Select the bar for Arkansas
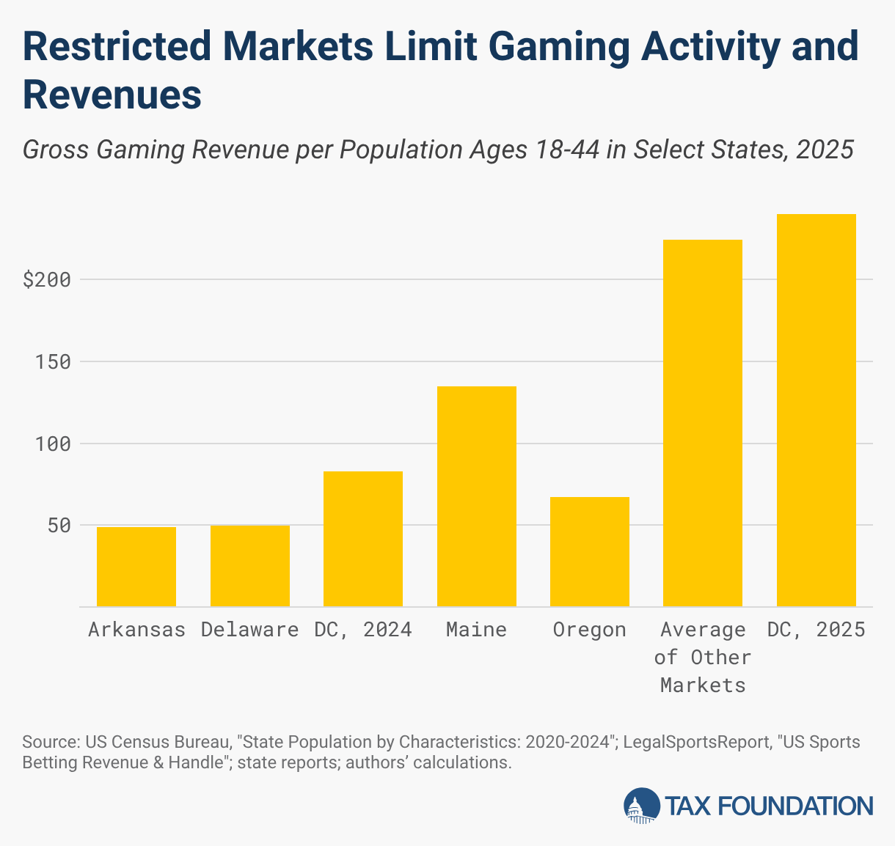click(136, 567)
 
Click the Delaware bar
click(250, 566)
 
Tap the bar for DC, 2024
click(363, 539)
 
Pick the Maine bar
click(477, 496)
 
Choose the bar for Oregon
click(590, 552)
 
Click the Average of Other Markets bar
click(703, 423)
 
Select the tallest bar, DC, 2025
click(817, 411)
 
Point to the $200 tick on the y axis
click(46, 280)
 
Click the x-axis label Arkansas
click(136, 630)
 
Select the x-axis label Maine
click(477, 630)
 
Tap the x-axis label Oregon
click(590, 630)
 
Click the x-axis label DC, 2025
click(817, 630)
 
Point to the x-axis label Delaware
click(250, 630)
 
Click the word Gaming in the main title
click(551, 48)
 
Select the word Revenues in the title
click(112, 95)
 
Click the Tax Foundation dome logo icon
click(641, 806)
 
